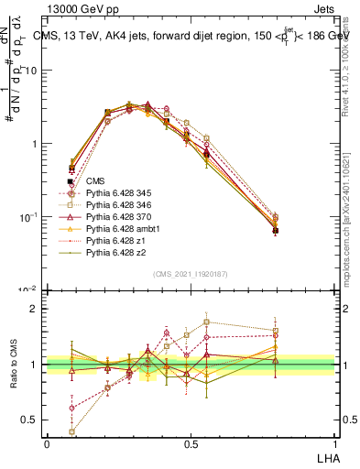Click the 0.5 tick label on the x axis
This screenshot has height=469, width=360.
click(x=190, y=443)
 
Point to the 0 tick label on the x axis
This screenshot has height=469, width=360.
click(x=47, y=443)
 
